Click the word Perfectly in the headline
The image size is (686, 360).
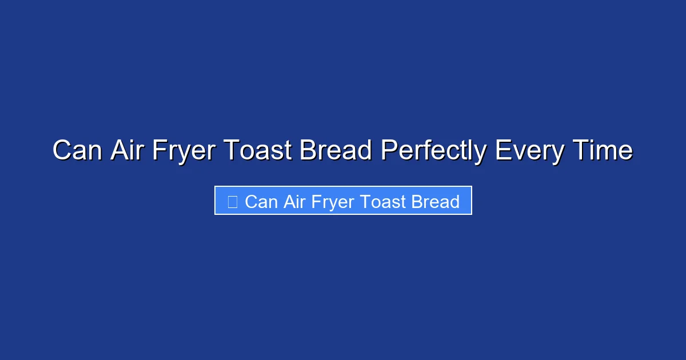[434, 151]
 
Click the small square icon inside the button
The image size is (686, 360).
[232, 202]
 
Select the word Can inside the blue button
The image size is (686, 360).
[261, 202]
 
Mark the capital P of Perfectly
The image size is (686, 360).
[388, 151]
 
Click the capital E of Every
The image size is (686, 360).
[502, 151]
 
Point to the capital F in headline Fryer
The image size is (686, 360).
[158, 151]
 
